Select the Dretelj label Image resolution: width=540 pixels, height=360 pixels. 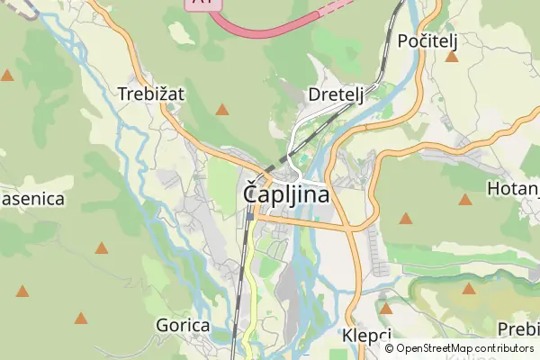tap(335, 94)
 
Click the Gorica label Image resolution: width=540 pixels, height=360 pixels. tap(183, 325)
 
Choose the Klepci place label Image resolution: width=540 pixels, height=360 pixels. tap(367, 335)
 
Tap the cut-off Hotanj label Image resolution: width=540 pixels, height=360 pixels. tap(512, 189)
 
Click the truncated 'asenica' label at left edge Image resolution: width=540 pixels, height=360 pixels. tap(32, 198)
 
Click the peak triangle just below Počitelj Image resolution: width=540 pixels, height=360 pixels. tap(452, 58)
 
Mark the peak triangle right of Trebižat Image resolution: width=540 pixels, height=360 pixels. tap(222, 110)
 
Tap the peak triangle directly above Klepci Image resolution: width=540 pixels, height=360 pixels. tap(386, 309)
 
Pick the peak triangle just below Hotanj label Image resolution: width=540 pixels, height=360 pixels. tap(465, 200)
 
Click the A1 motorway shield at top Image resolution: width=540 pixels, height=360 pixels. tap(203, 4)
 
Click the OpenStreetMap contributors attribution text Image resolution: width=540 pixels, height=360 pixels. tap(464, 348)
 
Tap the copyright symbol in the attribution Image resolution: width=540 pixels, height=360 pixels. tap(389, 348)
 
